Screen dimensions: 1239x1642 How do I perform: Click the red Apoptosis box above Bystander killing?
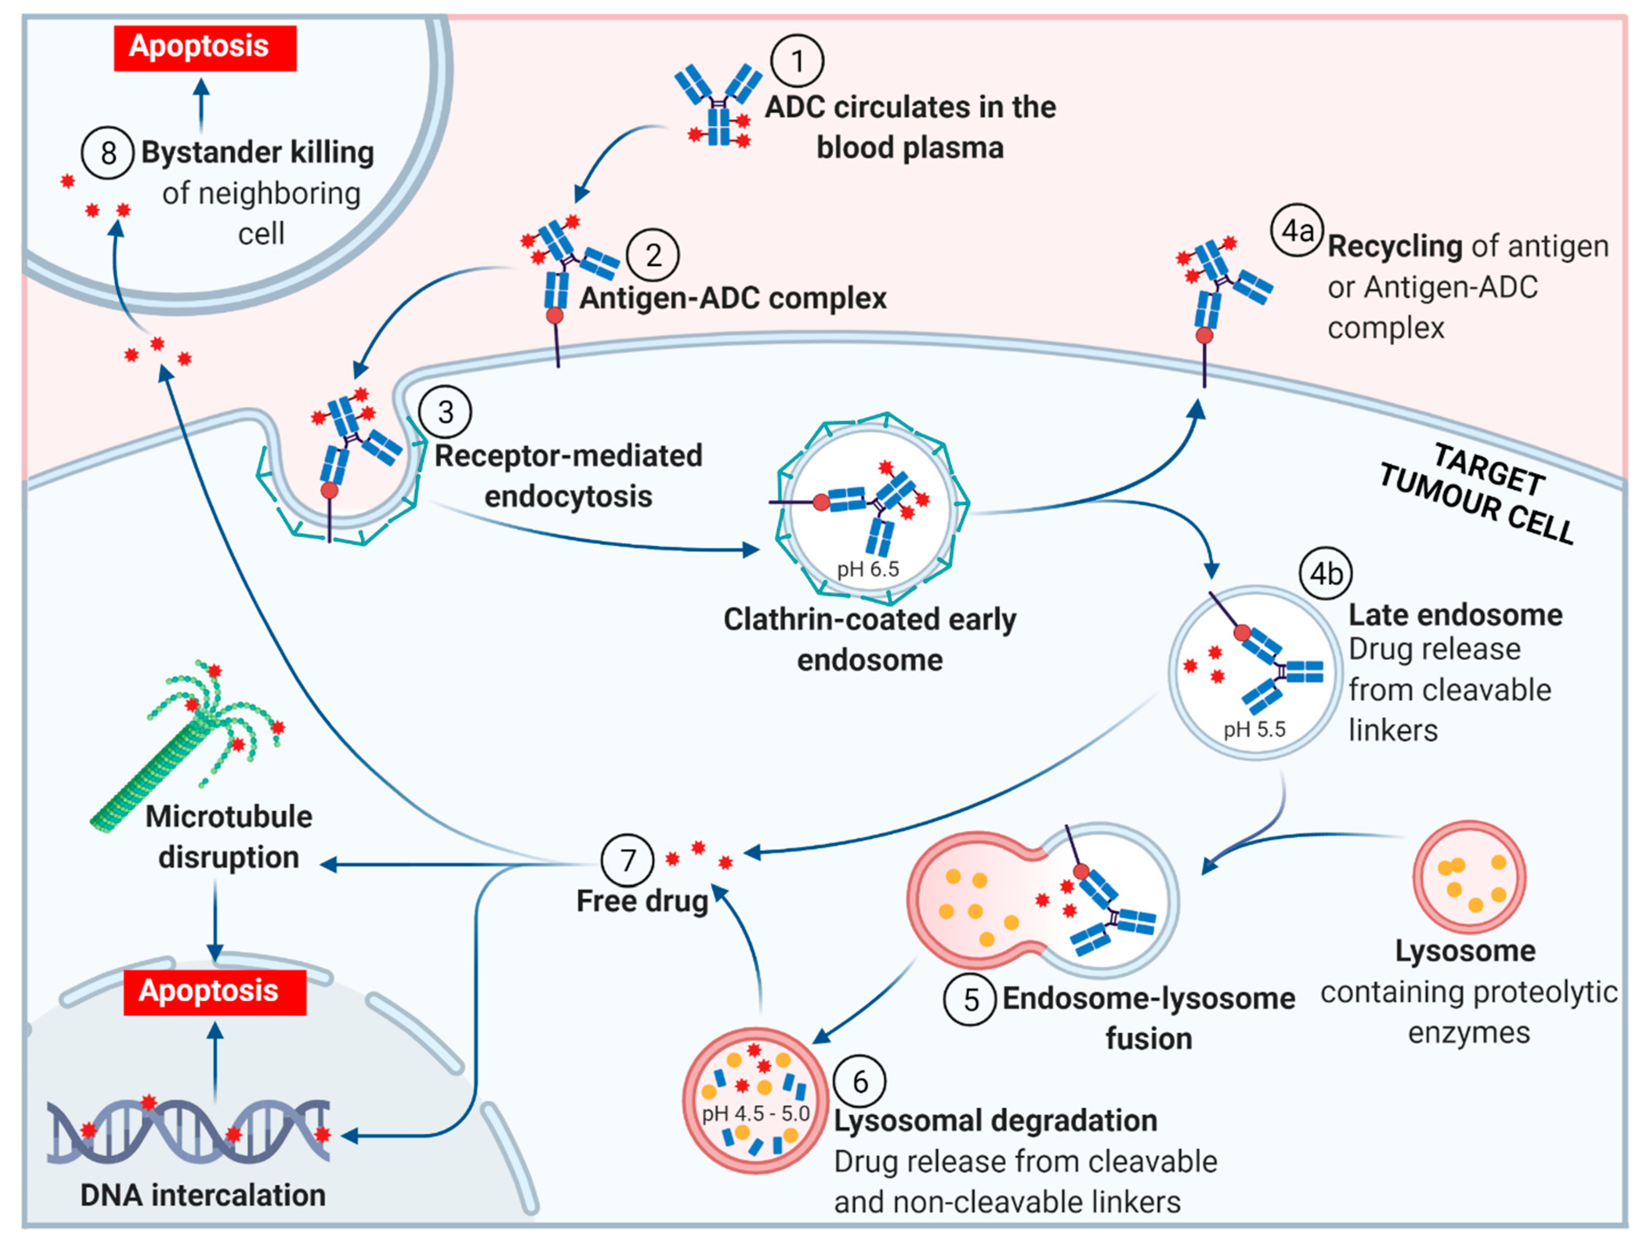(x=205, y=47)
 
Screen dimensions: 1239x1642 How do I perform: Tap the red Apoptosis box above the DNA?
(x=215, y=992)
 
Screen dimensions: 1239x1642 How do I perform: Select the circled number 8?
(x=107, y=153)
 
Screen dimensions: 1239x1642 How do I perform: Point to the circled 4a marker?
(x=1296, y=230)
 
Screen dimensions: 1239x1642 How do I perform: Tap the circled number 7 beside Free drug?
(x=627, y=860)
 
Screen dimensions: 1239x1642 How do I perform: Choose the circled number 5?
(x=969, y=1000)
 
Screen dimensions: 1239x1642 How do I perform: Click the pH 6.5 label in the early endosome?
(x=868, y=569)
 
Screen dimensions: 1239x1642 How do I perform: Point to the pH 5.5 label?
(x=1254, y=730)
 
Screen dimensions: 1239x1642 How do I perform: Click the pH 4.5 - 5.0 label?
(x=755, y=1114)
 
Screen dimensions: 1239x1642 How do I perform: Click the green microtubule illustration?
(x=186, y=743)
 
